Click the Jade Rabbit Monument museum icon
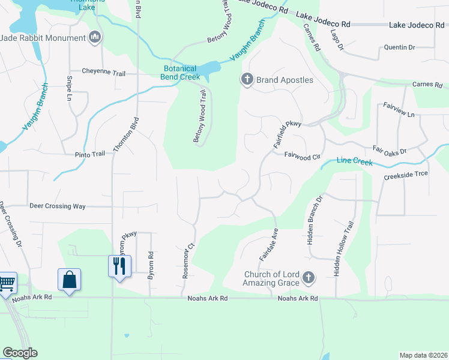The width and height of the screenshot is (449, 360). coord(95,38)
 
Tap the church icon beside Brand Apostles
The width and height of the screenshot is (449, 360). coord(247,79)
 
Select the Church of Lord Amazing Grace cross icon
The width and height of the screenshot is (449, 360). coord(309,277)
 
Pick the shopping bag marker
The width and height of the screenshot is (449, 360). coord(69,279)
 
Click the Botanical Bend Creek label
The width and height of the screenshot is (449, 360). coord(182,73)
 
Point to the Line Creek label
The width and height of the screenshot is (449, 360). coord(355,161)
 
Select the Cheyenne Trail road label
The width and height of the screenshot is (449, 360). coord(104,73)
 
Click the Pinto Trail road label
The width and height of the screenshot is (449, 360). coord(89,154)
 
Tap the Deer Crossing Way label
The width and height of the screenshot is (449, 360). coord(58,206)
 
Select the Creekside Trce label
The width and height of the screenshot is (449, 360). coord(406,178)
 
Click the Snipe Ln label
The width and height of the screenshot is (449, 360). coord(70,89)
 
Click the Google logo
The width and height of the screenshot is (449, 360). coord(20,353)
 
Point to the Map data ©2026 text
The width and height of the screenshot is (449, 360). coord(423,355)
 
